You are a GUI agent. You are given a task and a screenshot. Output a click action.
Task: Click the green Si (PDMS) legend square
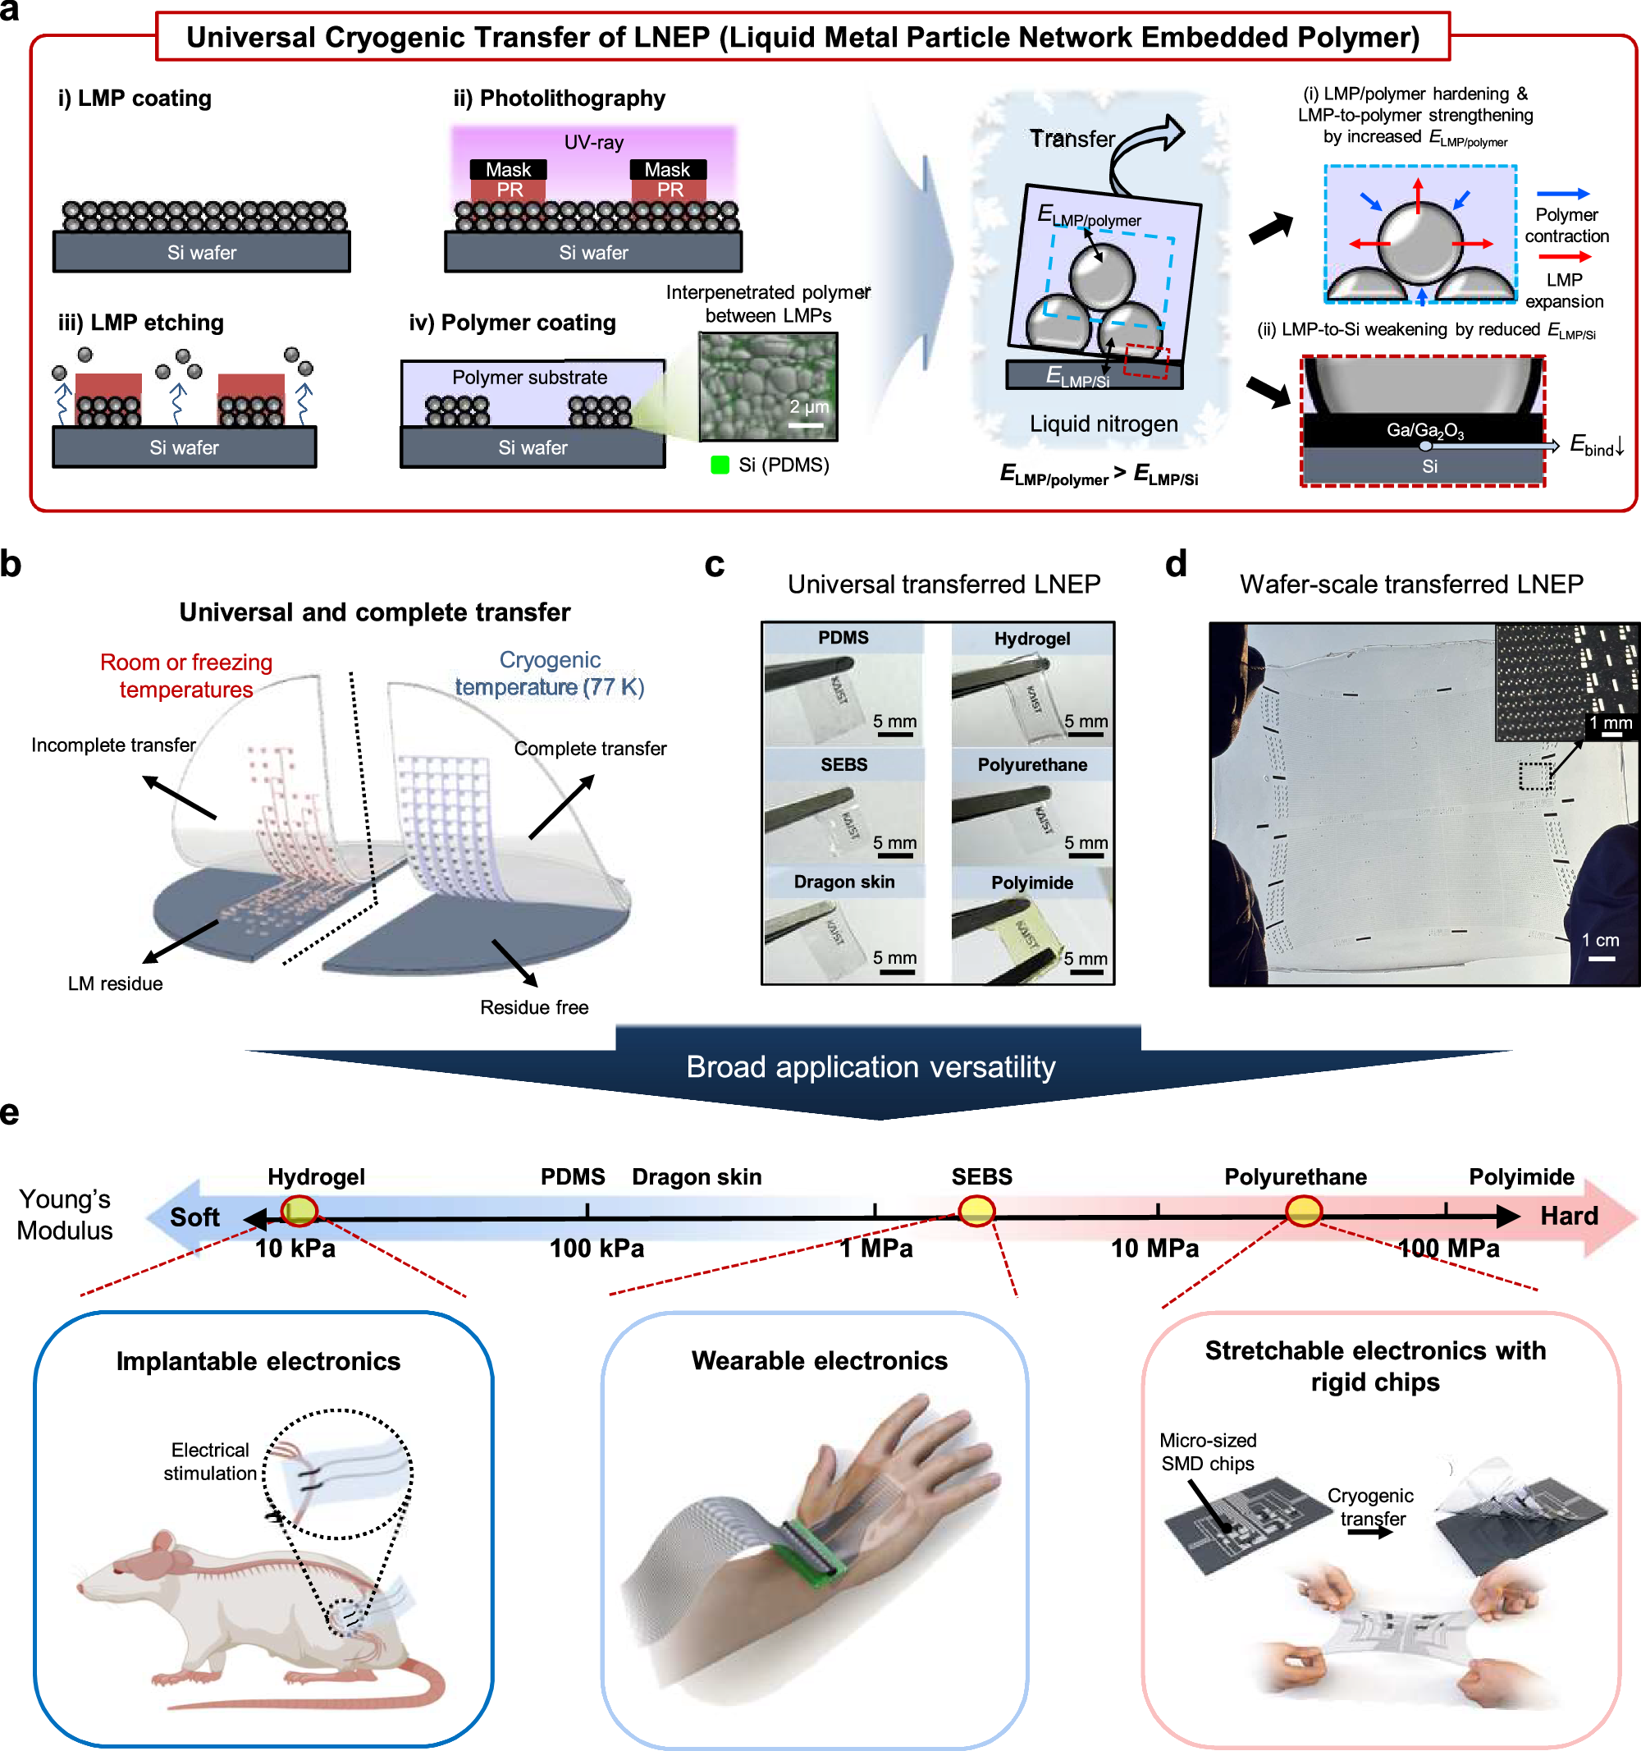[720, 465]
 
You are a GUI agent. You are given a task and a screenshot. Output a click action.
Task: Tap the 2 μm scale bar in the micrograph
[806, 425]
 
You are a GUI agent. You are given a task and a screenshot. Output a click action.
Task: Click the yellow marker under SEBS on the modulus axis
[976, 1211]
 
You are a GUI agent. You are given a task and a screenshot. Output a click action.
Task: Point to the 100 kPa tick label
[597, 1248]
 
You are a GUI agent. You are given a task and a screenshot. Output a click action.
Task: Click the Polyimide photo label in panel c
[1032, 882]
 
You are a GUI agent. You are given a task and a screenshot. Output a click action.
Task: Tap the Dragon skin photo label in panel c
[843, 882]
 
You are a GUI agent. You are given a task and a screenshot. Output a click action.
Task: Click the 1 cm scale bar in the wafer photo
[1602, 957]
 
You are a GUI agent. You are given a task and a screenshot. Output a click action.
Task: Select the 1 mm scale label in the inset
[1610, 723]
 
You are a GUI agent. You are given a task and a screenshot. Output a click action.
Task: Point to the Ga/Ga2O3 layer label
[1424, 430]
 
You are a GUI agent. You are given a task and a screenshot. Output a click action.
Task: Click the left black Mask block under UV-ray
[508, 169]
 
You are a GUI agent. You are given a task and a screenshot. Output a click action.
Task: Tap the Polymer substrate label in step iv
[529, 377]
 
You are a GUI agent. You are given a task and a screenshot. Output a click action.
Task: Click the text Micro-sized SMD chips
[1207, 1451]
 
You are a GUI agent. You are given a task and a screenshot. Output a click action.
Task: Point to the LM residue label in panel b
[116, 983]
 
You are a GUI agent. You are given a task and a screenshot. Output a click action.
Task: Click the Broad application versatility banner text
[870, 1066]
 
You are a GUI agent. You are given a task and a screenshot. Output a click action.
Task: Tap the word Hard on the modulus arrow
[1568, 1216]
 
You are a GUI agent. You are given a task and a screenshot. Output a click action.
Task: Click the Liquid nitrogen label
[1103, 424]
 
